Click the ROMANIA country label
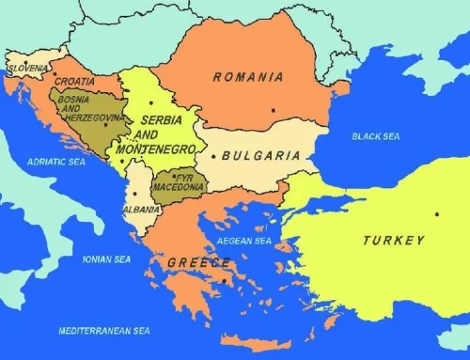point(248,76)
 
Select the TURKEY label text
point(394,241)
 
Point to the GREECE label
point(198,263)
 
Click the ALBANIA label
point(141,209)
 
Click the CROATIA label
point(74,82)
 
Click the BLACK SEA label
point(375,136)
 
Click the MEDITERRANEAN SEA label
point(103,331)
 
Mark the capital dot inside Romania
point(273,110)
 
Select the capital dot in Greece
point(226,279)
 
